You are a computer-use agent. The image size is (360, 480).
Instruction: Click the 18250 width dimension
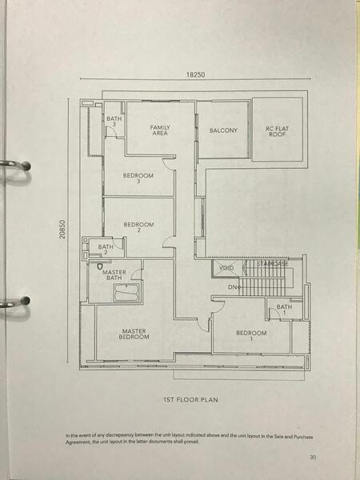(195, 74)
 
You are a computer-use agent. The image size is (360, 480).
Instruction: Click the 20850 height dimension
(62, 229)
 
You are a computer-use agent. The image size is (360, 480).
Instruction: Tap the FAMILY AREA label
(160, 130)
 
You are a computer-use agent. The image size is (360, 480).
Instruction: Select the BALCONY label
(223, 130)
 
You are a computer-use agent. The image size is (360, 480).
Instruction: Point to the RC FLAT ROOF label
(277, 131)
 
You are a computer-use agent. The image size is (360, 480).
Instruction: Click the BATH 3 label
(114, 122)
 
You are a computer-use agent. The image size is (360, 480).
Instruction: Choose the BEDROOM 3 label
(138, 178)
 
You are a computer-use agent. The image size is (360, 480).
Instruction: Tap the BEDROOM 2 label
(138, 227)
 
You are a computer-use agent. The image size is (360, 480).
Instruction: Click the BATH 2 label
(106, 250)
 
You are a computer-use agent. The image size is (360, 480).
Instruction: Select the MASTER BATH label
(114, 275)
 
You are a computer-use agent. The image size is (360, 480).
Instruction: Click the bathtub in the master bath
(126, 292)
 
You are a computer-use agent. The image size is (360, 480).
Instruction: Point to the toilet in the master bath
(100, 266)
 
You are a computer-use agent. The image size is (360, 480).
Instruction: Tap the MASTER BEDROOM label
(134, 334)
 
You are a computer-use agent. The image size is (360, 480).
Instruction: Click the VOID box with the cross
(227, 269)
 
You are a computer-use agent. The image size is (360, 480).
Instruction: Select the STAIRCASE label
(273, 263)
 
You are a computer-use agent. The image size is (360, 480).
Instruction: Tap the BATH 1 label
(284, 310)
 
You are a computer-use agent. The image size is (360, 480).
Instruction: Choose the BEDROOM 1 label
(251, 335)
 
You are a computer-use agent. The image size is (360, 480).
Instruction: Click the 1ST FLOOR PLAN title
(190, 400)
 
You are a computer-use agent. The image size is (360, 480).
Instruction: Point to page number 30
(313, 458)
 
